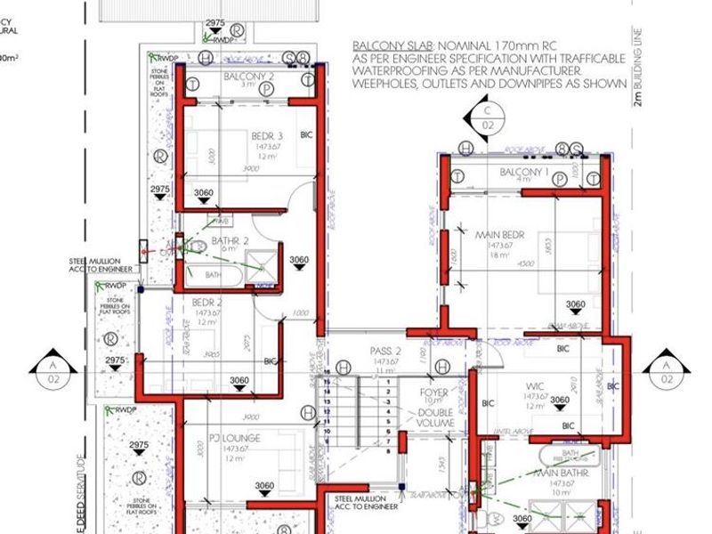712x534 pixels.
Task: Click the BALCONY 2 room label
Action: [248, 77]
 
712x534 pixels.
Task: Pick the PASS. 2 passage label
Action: [386, 352]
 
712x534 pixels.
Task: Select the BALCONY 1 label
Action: [524, 171]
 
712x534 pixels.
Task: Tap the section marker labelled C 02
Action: [487, 118]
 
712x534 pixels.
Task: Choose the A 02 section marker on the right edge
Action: [664, 368]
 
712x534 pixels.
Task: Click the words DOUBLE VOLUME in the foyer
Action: [435, 418]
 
